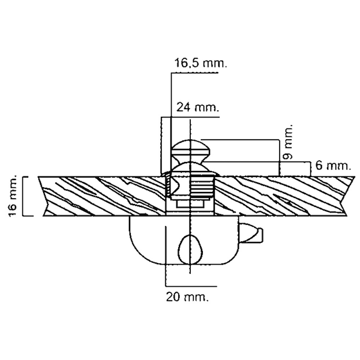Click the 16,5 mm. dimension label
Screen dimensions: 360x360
click(x=200, y=63)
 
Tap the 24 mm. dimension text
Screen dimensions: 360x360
click(x=197, y=107)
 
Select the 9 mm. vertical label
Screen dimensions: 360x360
click(x=288, y=142)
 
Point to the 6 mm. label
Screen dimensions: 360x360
click(x=333, y=166)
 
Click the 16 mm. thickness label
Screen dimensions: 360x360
click(x=13, y=196)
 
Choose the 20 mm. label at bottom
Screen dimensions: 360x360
click(x=188, y=297)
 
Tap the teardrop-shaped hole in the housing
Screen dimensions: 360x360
click(x=191, y=249)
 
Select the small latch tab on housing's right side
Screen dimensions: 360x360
click(x=251, y=233)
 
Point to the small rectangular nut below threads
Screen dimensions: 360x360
click(x=190, y=203)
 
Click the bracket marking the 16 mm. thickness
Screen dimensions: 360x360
click(x=28, y=196)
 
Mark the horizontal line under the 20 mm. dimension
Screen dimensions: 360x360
click(x=191, y=286)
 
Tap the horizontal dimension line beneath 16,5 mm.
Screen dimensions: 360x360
click(x=194, y=73)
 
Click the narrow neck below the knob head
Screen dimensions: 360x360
click(x=191, y=158)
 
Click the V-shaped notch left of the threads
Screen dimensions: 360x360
click(x=174, y=186)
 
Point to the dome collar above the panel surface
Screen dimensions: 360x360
click(x=191, y=169)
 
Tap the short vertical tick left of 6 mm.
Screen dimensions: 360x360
click(x=310, y=169)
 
